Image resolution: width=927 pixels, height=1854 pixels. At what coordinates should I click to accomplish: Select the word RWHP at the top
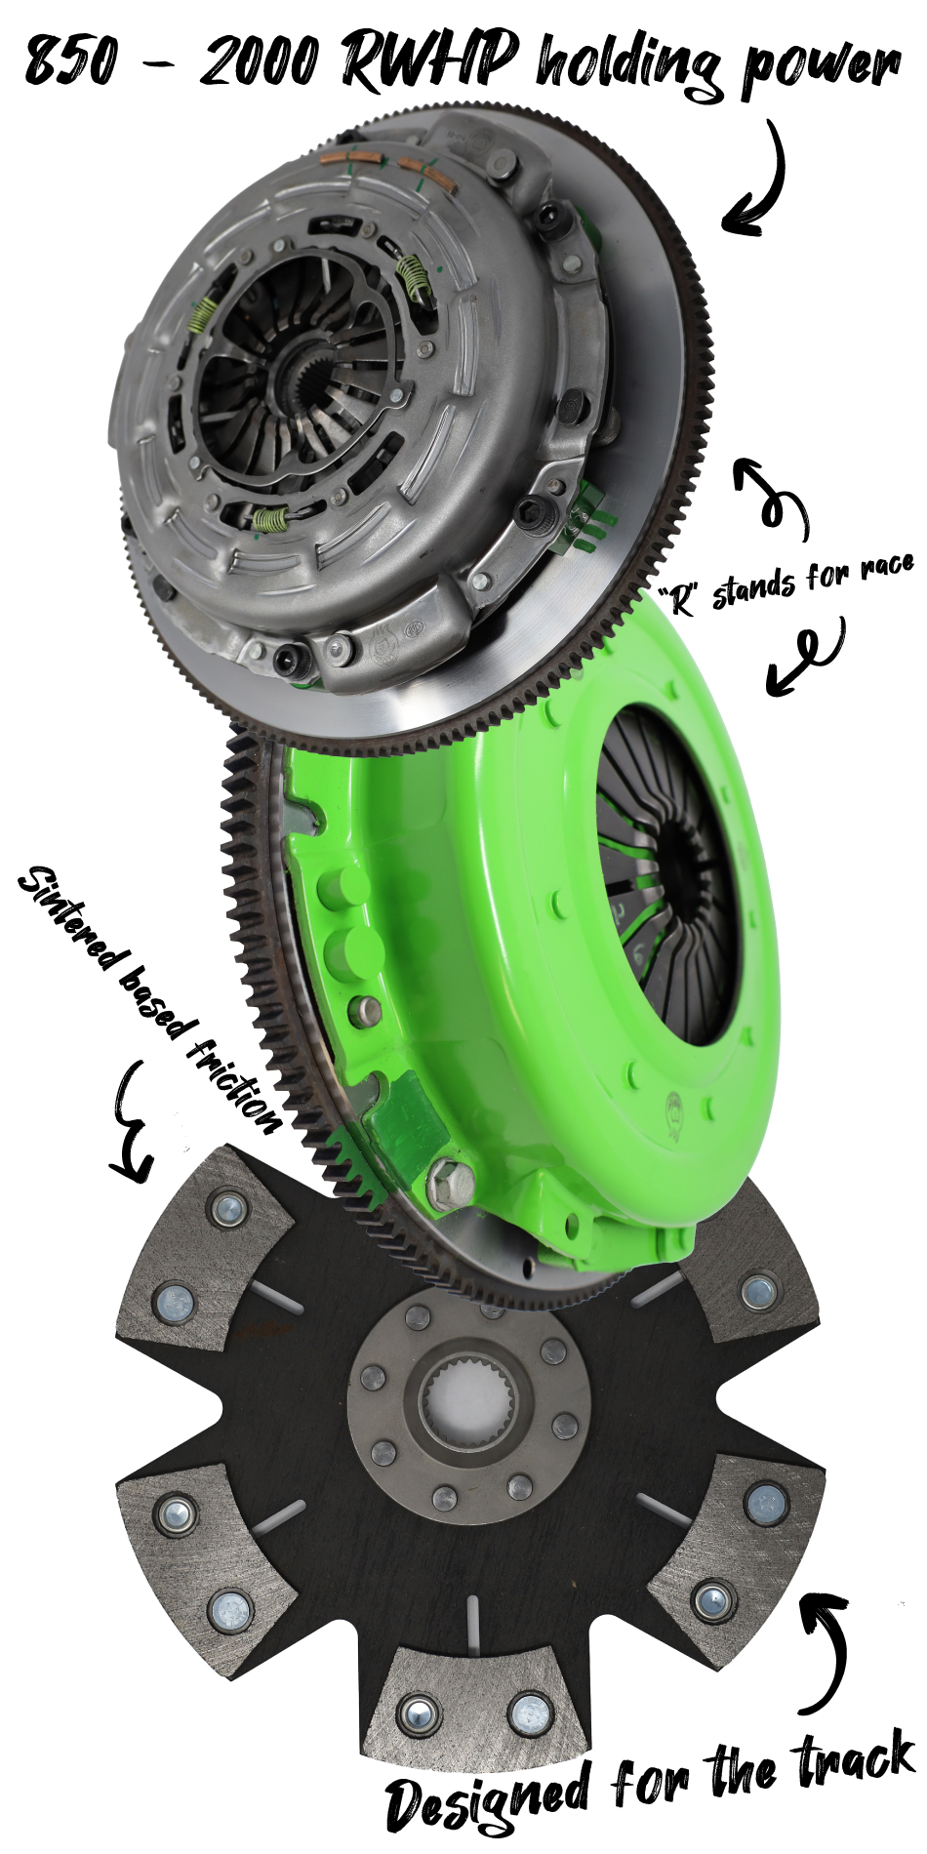(429, 59)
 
